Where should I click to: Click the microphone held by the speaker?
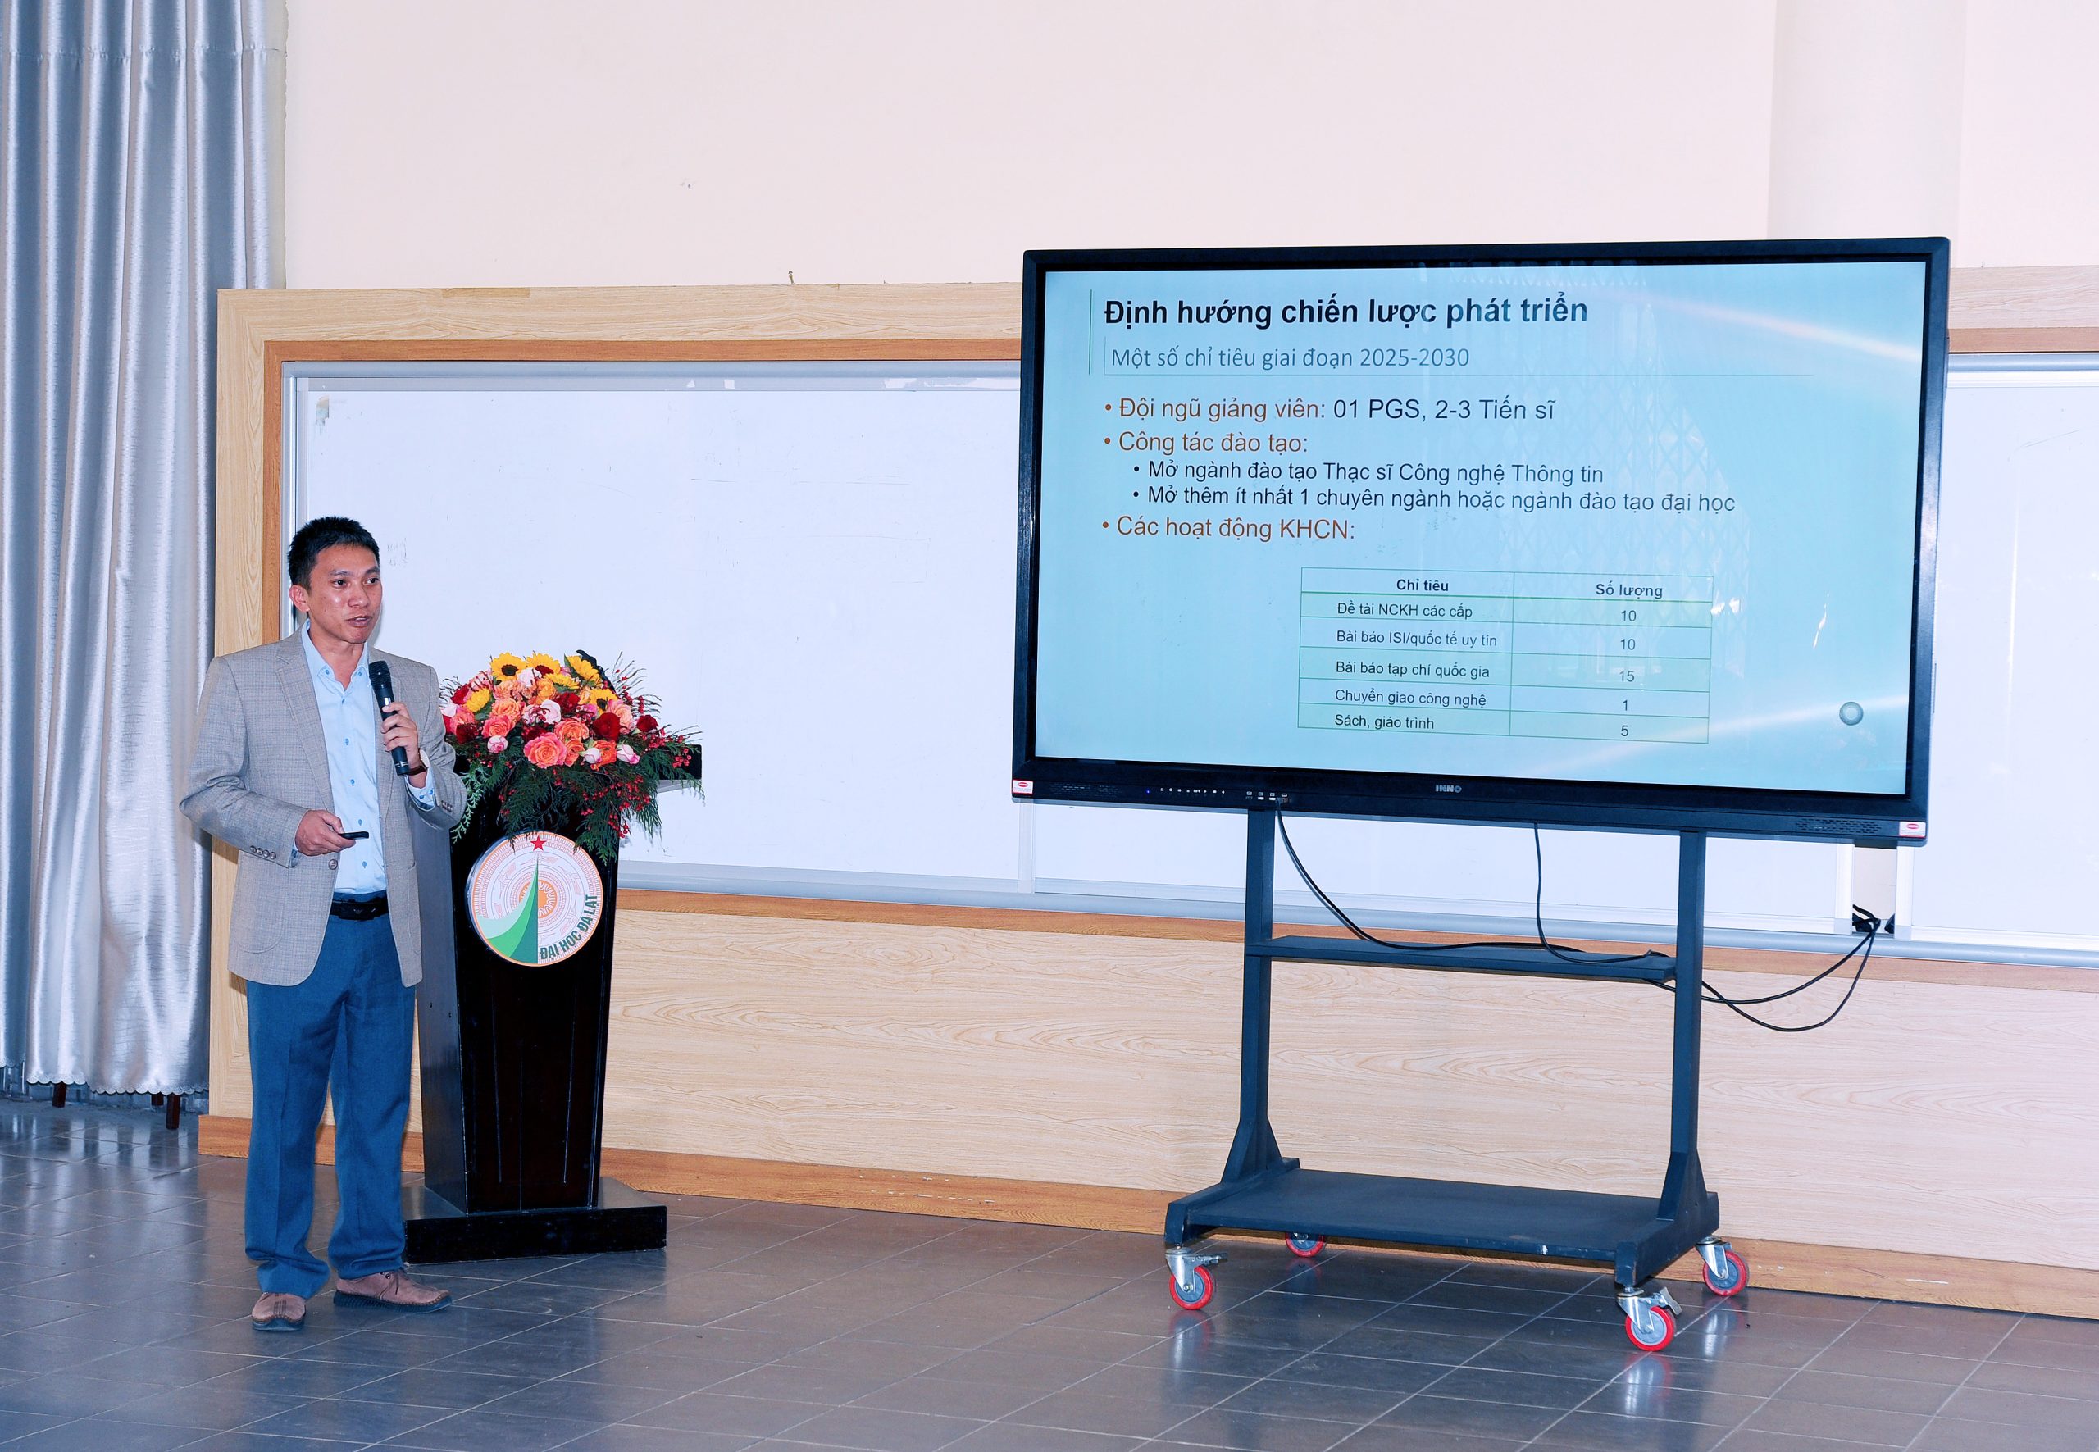pyautogui.click(x=389, y=716)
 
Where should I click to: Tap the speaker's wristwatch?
pyautogui.click(x=417, y=764)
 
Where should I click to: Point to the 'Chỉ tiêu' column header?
pyautogui.click(x=1422, y=585)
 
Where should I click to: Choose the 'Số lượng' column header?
pyautogui.click(x=1628, y=589)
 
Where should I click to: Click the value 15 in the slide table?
pyautogui.click(x=1627, y=676)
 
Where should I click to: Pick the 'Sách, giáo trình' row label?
pyautogui.click(x=1384, y=722)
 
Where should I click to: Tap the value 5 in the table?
pyautogui.click(x=1625, y=731)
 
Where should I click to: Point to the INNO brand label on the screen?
pyautogui.click(x=1447, y=789)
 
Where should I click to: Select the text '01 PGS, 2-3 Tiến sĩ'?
pyautogui.click(x=1444, y=410)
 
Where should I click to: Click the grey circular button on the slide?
pyautogui.click(x=1851, y=713)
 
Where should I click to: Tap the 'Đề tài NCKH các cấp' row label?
pyautogui.click(x=1404, y=611)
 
